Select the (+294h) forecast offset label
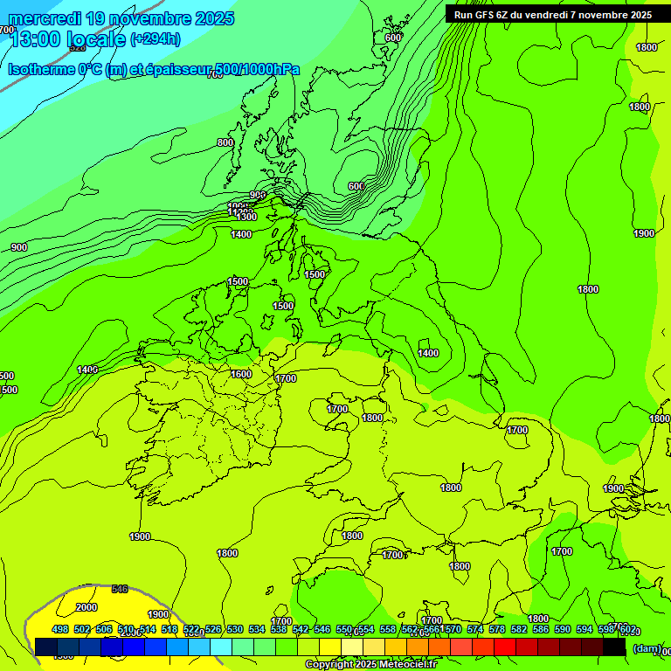pos(155,38)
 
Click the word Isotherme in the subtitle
pos(40,70)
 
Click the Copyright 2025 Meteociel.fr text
pos(370,665)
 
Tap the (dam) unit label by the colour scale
pos(647,648)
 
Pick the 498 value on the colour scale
pos(60,629)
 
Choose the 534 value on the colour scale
pos(257,629)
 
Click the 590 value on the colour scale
pos(563,629)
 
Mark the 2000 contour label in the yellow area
pos(86,607)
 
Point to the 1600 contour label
pos(241,374)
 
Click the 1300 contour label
pos(246,216)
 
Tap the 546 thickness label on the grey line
pos(121,589)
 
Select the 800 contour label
pos(225,142)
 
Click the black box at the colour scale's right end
pos(614,647)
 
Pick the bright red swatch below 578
pos(505,647)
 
